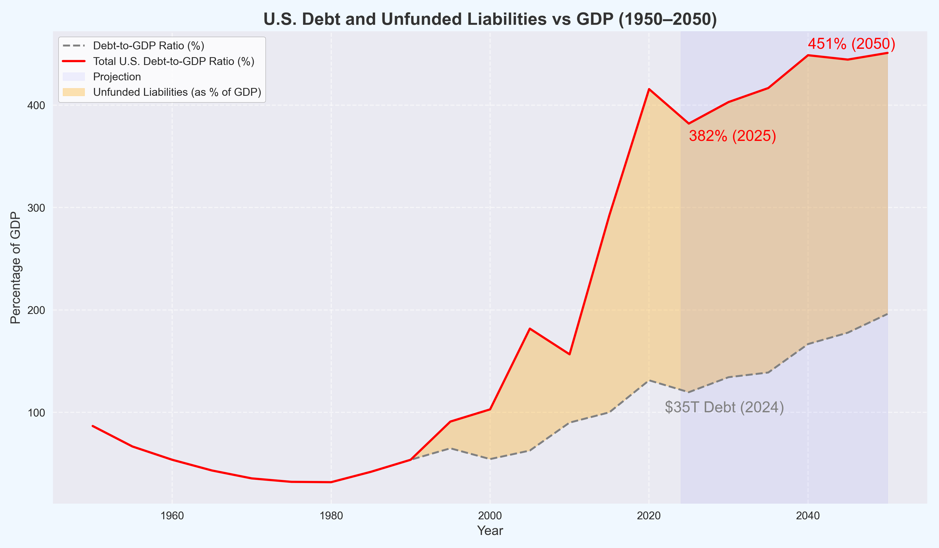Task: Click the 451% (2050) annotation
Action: click(851, 44)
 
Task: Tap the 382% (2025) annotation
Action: click(732, 136)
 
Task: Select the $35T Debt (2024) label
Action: click(724, 407)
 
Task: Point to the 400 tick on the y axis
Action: click(36, 105)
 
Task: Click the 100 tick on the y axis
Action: click(36, 413)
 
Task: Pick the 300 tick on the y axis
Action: click(36, 208)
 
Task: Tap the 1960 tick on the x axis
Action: click(172, 516)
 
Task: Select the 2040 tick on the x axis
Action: click(808, 516)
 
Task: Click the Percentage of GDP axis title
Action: click(15, 268)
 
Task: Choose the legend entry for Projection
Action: click(117, 77)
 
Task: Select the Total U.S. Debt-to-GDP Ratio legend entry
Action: click(173, 61)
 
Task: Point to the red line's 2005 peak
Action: click(529, 329)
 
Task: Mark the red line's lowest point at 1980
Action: click(331, 482)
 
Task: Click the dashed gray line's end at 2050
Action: click(887, 314)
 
